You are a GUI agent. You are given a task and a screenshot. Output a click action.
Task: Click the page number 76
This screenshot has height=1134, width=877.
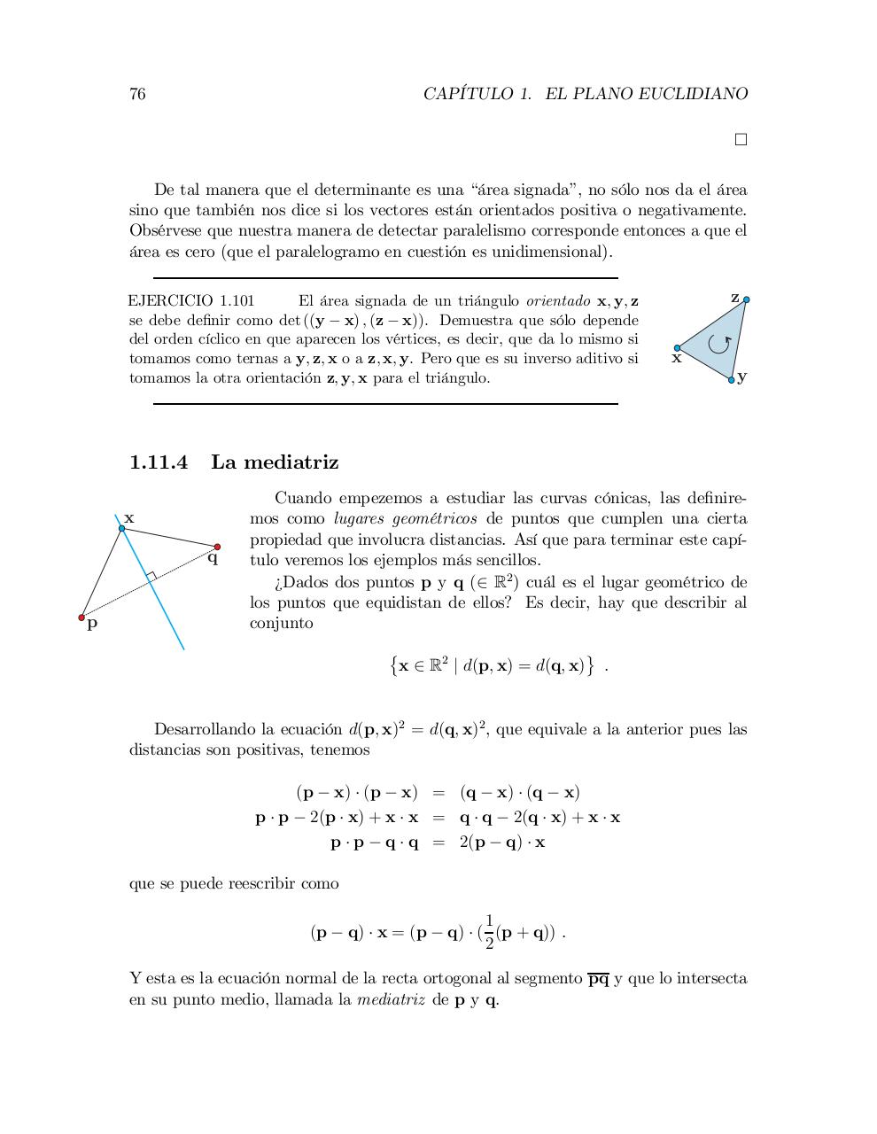pos(137,94)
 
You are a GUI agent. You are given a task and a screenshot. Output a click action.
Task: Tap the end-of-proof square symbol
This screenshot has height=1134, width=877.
pos(741,139)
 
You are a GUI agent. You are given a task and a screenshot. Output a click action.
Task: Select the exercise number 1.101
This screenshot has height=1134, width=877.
pos(237,300)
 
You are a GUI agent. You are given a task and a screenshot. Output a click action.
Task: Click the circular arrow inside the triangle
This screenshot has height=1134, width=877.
pos(719,343)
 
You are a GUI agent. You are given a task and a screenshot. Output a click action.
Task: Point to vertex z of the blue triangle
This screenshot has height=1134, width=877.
pos(746,299)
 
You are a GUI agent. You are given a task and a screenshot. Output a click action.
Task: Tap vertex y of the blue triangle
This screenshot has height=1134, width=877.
pos(732,379)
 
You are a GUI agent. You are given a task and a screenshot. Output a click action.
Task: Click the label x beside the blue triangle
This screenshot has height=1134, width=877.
pos(677,359)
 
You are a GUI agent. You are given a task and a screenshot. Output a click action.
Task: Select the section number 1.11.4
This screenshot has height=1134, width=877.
pos(159,462)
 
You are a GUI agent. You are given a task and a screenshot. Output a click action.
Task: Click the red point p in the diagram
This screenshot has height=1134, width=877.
pos(81,617)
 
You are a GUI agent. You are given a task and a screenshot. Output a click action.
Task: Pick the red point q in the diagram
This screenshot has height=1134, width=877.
pos(217,547)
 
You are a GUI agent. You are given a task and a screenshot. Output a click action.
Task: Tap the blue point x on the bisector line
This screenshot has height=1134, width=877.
pos(122,528)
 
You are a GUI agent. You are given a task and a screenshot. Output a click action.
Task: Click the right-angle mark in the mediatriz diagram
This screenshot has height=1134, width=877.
pos(151,577)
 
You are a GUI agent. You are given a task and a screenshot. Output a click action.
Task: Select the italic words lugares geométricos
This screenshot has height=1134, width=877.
pos(405,519)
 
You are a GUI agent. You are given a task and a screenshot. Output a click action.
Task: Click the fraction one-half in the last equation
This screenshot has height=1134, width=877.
pos(489,932)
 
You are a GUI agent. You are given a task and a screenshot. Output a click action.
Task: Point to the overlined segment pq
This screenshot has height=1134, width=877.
pos(599,979)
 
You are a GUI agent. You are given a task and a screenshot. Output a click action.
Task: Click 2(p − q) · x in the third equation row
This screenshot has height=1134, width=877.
pos(502,843)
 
